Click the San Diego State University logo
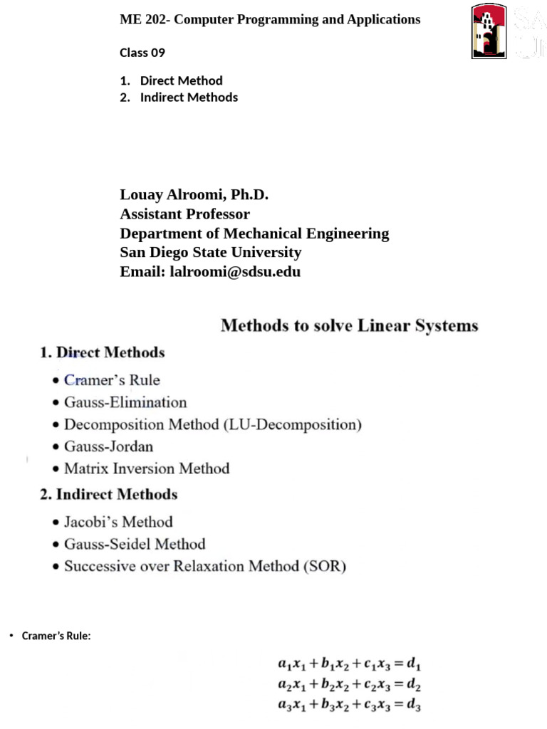(x=489, y=31)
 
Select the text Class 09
(x=142, y=53)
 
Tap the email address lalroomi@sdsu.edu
(x=235, y=271)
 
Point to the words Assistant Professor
(x=184, y=214)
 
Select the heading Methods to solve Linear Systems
(x=349, y=326)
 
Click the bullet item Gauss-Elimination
(x=125, y=402)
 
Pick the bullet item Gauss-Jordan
(x=108, y=447)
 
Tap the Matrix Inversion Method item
(x=147, y=468)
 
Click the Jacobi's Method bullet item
(x=118, y=522)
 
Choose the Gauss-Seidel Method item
(x=135, y=545)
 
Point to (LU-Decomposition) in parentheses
(x=293, y=425)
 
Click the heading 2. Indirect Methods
(x=108, y=494)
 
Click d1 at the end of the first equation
(x=415, y=664)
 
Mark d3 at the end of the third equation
(x=415, y=707)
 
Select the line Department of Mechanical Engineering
(x=254, y=234)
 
